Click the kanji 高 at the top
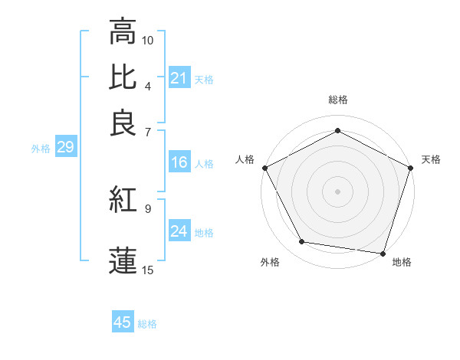[x=122, y=31]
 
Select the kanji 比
[x=122, y=77]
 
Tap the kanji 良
[x=122, y=123]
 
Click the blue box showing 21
[x=179, y=78]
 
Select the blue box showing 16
[x=179, y=162]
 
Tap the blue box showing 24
[x=179, y=231]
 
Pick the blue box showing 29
[x=65, y=147]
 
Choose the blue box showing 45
[x=123, y=322]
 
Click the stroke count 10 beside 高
[x=148, y=40]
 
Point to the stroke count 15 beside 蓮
[x=148, y=269]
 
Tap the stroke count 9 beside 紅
[x=148, y=208]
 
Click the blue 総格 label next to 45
[x=147, y=324]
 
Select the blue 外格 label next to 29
[x=40, y=149]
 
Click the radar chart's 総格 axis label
[x=337, y=100]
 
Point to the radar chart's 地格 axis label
[x=402, y=262]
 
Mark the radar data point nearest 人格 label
[x=264, y=167]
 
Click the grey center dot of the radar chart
[x=337, y=191]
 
